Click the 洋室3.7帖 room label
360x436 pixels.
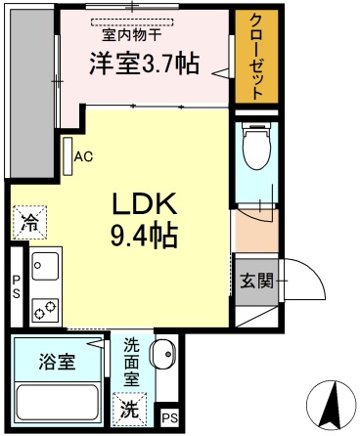click(x=145, y=65)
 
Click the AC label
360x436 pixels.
click(x=82, y=155)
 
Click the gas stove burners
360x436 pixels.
click(x=45, y=309)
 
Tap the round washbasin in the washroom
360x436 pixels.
click(x=164, y=350)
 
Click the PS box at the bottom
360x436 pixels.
click(x=168, y=417)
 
